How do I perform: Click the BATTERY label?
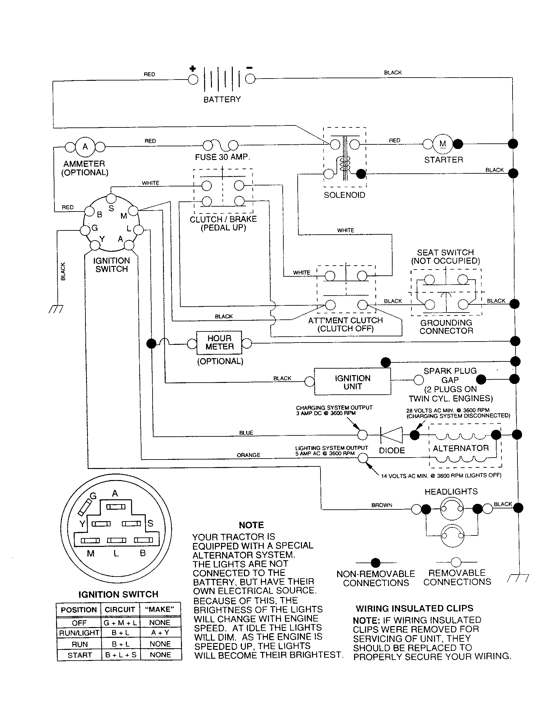coord(222,99)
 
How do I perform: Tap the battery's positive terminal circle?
coord(193,80)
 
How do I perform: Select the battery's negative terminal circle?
coord(250,79)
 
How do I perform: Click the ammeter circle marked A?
coord(85,147)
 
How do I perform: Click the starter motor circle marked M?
coord(442,144)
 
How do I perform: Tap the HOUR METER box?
coord(219,343)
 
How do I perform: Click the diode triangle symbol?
coord(392,435)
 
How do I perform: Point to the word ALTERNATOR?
coord(461,448)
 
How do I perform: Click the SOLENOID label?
coord(344,195)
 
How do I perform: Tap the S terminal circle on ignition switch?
coord(111,198)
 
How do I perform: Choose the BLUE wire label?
coord(246,433)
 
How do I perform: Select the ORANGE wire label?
coord(248,455)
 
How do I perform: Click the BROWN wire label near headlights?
coord(381,505)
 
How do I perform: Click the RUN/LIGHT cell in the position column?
coord(79,633)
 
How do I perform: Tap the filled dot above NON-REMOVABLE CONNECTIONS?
coord(375,563)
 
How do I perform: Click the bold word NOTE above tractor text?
coord(251,525)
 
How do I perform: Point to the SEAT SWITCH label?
coord(445,253)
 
